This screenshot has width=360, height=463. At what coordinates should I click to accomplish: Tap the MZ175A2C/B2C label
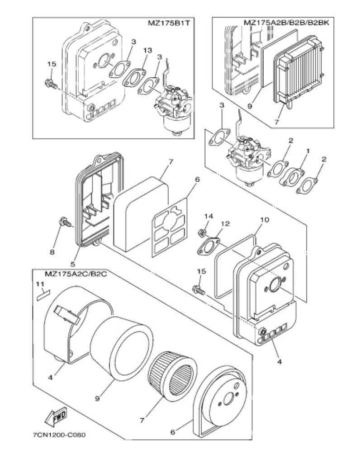pyautogui.click(x=76, y=274)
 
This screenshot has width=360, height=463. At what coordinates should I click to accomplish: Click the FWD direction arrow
pyautogui.click(x=56, y=416)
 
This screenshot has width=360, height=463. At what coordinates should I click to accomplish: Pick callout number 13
pyautogui.click(x=147, y=51)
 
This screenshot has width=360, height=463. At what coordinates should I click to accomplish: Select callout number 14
pyautogui.click(x=208, y=216)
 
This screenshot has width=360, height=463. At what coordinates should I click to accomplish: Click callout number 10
pyautogui.click(x=265, y=220)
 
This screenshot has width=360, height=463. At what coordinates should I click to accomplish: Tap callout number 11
pyautogui.click(x=40, y=284)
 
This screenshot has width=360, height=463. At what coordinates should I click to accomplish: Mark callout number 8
pyautogui.click(x=52, y=252)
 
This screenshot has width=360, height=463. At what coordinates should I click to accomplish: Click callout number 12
pyautogui.click(x=225, y=224)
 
